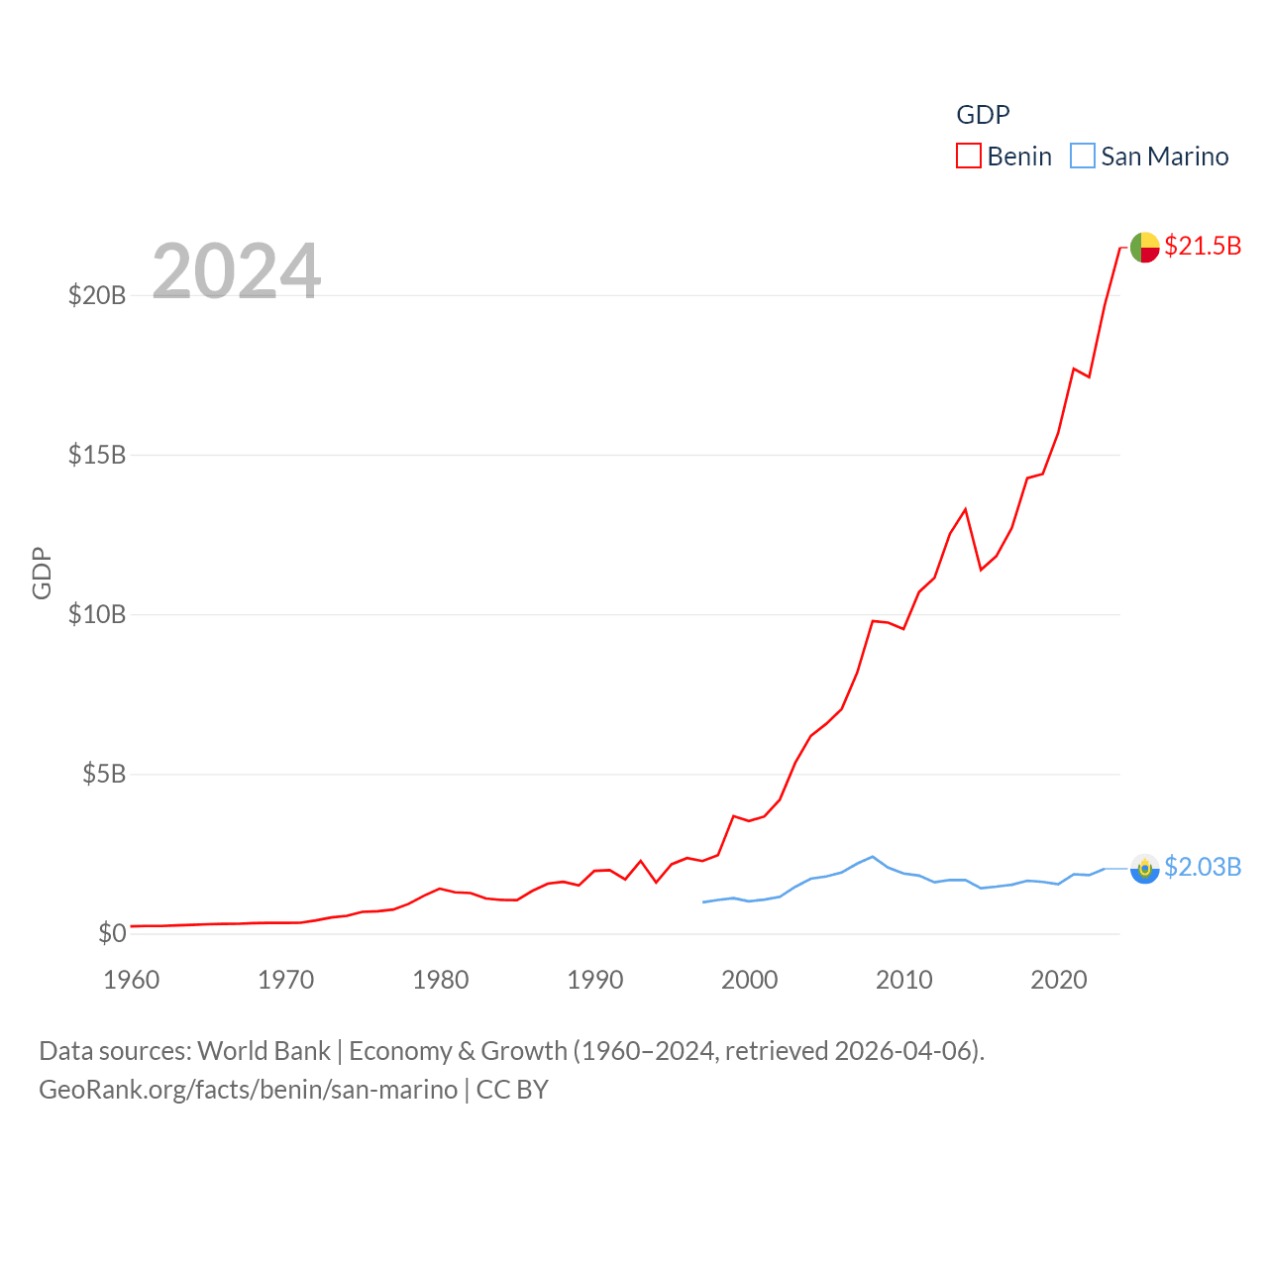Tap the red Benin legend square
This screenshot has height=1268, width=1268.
968,157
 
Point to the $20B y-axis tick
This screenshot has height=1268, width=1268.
97,295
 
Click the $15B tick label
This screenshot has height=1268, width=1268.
97,455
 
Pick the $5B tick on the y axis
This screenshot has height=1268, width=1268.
104,774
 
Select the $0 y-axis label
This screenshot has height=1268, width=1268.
112,933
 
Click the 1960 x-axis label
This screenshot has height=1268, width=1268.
132,980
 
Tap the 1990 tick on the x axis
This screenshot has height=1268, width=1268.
595,980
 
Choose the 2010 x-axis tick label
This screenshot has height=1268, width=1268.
904,980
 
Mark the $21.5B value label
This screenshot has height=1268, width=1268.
1203,246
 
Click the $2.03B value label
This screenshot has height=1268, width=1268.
1203,867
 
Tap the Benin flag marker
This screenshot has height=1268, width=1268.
1144,247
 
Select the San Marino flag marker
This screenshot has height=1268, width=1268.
1144,869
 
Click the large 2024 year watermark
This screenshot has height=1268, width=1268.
237,270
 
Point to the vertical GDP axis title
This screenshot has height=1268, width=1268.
42,573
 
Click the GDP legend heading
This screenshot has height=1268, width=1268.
983,115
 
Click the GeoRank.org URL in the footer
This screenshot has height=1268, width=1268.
248,1090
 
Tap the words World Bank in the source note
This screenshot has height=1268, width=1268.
264,1051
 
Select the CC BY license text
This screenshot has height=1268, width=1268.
512,1090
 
